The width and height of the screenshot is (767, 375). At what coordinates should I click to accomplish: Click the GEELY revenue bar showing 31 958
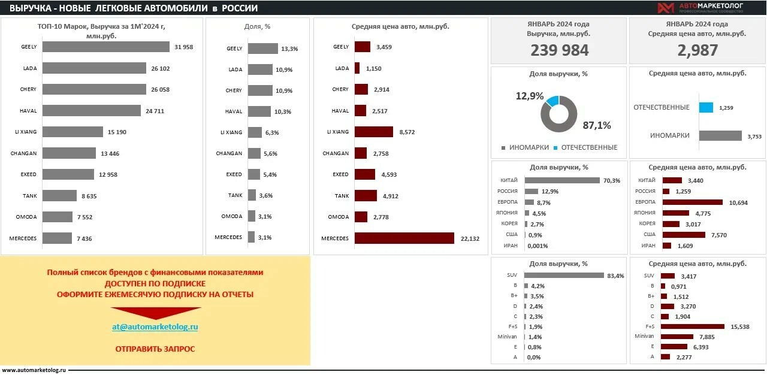coord(106,47)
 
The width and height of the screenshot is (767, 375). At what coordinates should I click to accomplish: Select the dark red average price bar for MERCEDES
coord(404,238)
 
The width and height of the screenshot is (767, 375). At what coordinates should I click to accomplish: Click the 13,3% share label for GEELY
coord(289,49)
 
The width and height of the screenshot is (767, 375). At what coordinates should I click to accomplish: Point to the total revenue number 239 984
coord(559,50)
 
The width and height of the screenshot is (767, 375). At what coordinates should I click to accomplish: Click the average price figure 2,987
coord(697,50)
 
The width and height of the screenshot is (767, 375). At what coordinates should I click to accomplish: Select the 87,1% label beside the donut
coord(596,125)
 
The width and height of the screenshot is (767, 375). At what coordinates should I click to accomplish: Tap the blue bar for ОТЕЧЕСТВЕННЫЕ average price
coord(706,108)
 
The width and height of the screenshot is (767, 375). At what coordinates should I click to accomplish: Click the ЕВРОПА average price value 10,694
coord(738,202)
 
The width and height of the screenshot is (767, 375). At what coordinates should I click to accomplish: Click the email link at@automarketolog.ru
coord(155,327)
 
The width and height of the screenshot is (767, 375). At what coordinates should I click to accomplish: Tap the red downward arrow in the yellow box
coord(155,313)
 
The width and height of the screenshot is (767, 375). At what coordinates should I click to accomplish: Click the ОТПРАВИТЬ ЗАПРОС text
coord(155,349)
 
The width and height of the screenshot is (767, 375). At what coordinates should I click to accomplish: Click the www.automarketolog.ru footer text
coord(34,370)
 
